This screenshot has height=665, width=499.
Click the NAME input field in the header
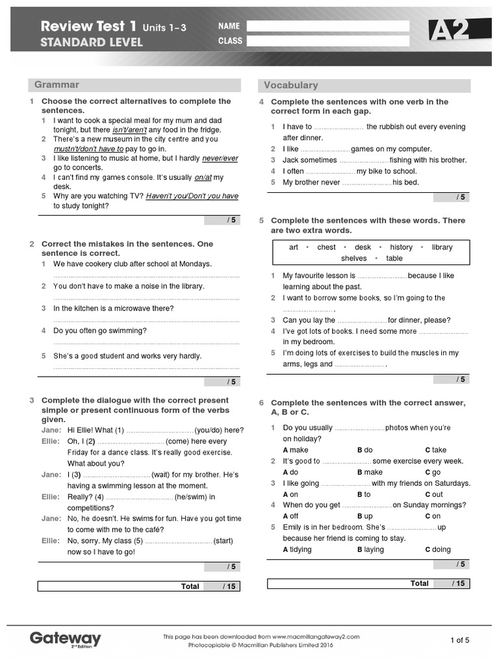[x=328, y=26]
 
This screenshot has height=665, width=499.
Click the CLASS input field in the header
[x=328, y=41]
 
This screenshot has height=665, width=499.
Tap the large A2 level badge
[x=449, y=30]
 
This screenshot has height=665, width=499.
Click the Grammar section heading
[x=57, y=84]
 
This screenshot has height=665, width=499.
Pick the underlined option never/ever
[x=220, y=158]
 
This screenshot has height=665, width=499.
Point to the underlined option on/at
[x=203, y=177]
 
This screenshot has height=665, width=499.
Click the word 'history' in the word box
[x=401, y=247]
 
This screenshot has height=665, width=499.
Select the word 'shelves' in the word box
[x=353, y=258]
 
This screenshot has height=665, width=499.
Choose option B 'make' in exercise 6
[x=370, y=472]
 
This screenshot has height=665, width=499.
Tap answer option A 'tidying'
[x=297, y=549]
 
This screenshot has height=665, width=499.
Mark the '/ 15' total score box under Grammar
[x=222, y=586]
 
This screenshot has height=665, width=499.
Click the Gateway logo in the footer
[x=66, y=639]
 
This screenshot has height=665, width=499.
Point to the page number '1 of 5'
[x=459, y=640]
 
